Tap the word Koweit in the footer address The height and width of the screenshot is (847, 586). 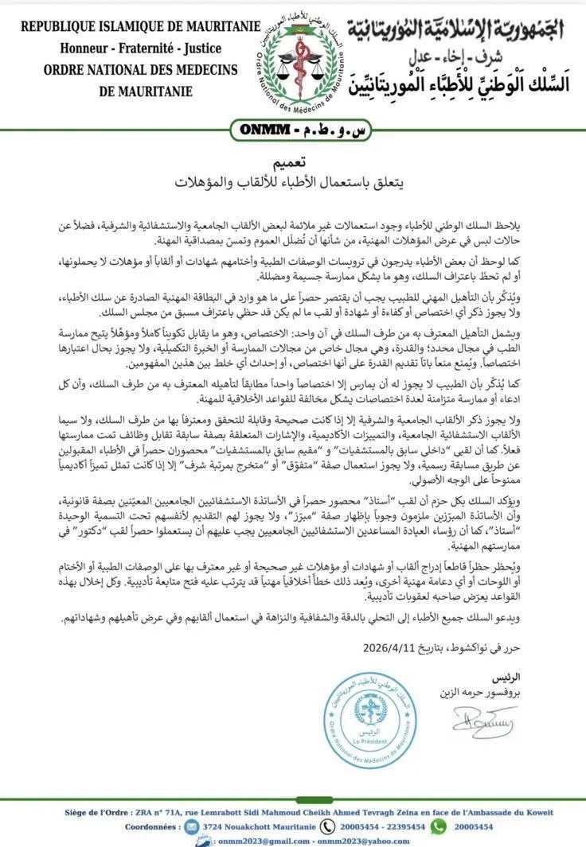click(537, 813)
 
